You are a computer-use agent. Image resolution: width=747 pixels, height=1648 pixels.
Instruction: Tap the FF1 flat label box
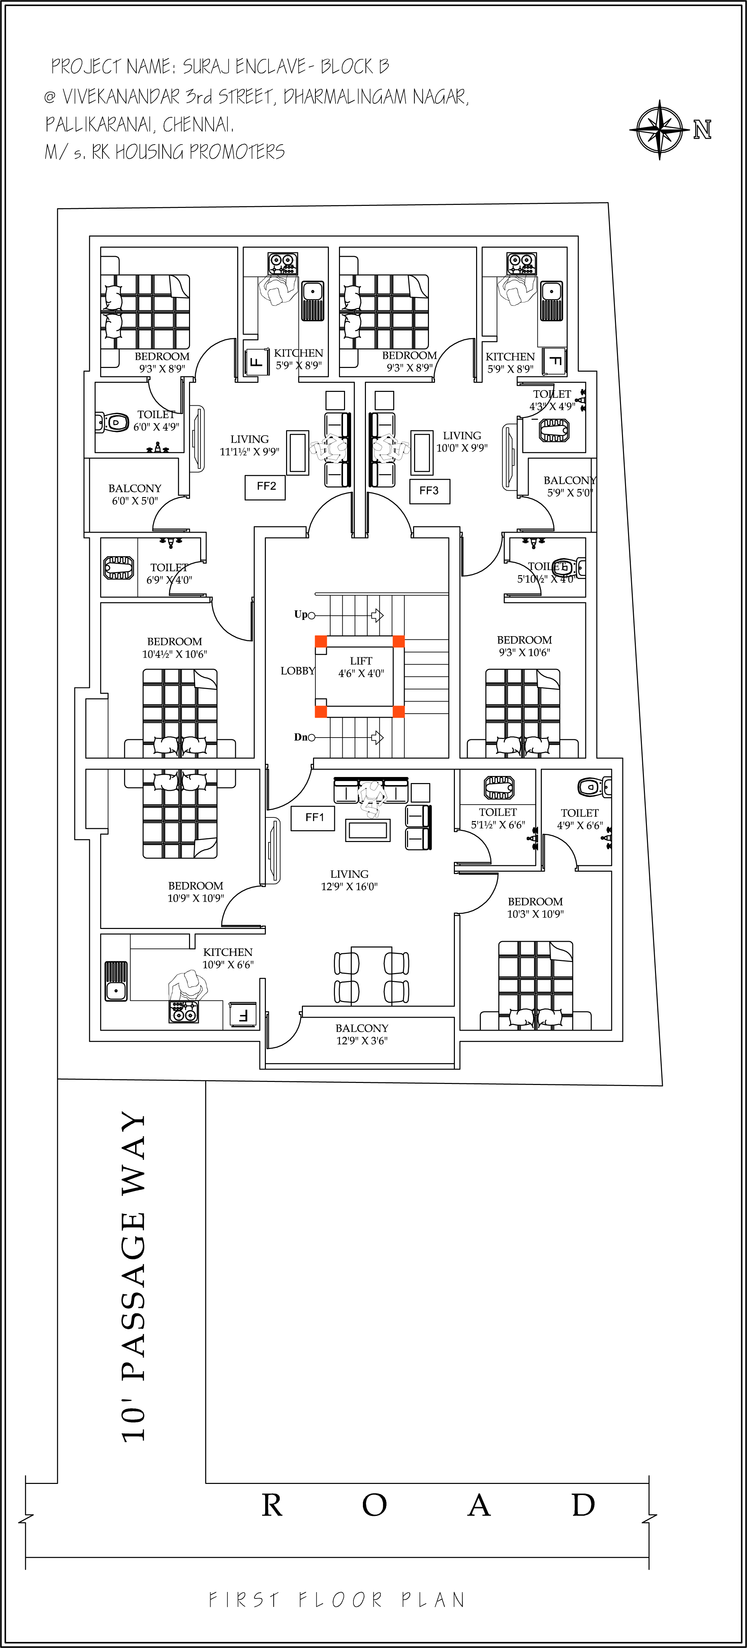(313, 818)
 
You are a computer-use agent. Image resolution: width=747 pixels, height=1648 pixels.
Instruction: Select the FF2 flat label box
(266, 487)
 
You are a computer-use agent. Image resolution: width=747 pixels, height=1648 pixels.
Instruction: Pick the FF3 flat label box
(429, 491)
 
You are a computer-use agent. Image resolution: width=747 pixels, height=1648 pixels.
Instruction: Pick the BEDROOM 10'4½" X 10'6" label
(175, 647)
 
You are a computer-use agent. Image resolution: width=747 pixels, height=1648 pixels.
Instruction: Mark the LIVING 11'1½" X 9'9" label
(249, 445)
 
